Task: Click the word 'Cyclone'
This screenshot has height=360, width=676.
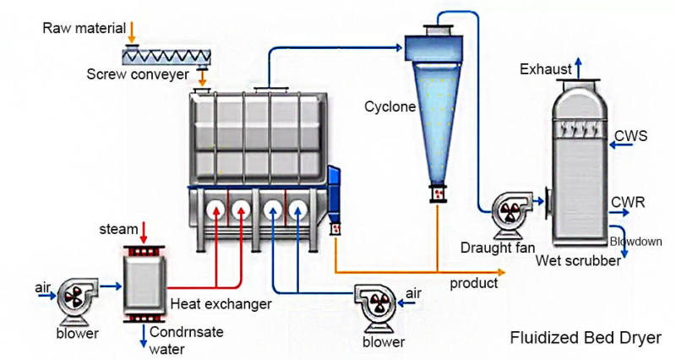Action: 390,107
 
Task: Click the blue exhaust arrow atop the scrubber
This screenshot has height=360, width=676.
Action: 578,68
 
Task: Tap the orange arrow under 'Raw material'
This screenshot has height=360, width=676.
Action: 131,32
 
